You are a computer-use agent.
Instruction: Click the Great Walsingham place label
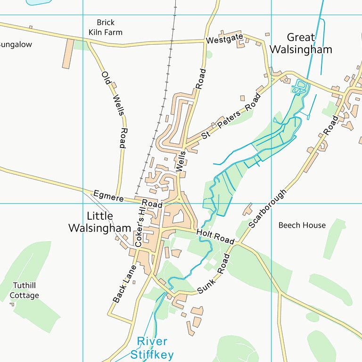click(309, 43)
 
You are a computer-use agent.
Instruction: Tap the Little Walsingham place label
click(99, 222)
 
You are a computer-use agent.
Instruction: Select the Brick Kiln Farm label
click(106, 27)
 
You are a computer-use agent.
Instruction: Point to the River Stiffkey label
click(152, 348)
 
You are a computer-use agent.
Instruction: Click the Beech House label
click(302, 225)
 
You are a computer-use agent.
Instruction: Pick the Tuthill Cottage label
click(25, 290)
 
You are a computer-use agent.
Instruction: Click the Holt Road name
click(215, 236)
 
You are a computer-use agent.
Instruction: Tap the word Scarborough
click(268, 209)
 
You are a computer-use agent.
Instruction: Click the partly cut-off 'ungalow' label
click(16, 45)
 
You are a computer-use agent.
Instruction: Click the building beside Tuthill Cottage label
click(12, 304)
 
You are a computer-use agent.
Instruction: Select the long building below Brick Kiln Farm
click(68, 53)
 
